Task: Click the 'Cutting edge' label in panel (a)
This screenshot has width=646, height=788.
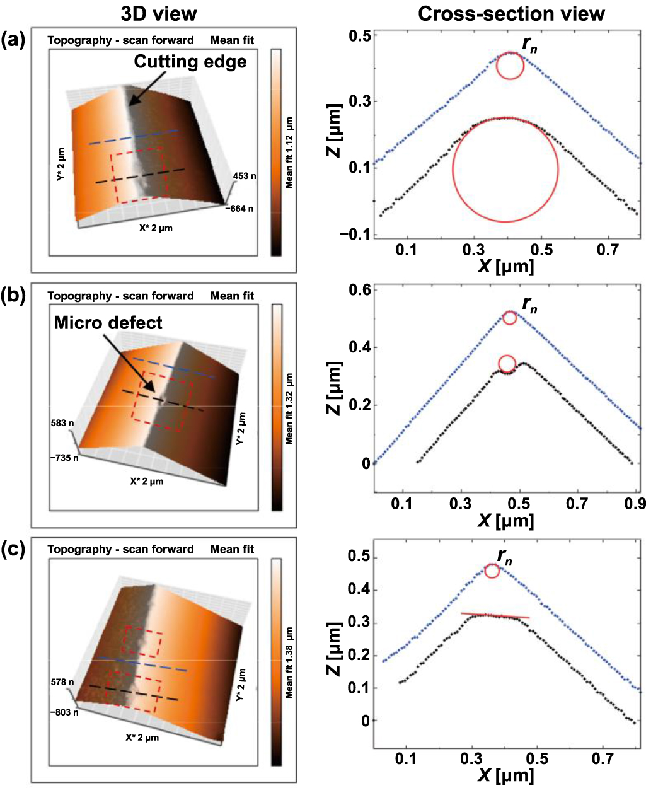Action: (190, 61)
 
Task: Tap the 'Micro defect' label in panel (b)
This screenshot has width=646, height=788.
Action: (108, 323)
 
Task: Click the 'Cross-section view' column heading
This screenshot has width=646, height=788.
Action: (510, 14)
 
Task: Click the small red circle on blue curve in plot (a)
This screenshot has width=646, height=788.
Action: (510, 66)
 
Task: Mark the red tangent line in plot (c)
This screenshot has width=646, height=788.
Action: (495, 615)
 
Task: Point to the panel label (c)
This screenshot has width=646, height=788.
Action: (13, 550)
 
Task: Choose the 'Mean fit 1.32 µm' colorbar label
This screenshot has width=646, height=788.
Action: (289, 408)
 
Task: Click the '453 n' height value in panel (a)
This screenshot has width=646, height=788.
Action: (245, 177)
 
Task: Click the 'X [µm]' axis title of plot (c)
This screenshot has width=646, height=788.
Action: (505, 775)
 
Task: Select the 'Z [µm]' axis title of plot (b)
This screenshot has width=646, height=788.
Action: (335, 389)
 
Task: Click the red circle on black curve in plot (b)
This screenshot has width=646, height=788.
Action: (507, 364)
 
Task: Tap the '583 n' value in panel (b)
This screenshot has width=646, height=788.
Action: (63, 424)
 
